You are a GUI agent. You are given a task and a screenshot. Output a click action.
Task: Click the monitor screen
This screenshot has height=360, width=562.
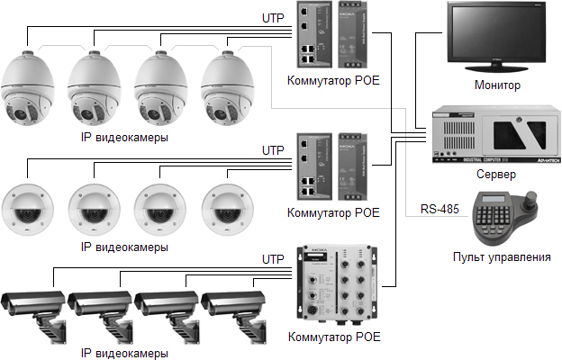point(497,36)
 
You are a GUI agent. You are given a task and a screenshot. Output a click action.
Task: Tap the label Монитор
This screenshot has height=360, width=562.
point(497,85)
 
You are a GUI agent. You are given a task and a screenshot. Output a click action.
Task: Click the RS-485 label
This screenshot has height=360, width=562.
point(440,211)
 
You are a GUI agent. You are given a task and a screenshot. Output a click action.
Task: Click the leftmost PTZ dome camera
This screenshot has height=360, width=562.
point(29,90)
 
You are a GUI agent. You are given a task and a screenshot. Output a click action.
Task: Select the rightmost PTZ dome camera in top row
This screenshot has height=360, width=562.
point(225,90)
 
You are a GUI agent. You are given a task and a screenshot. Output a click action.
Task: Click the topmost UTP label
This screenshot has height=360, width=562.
point(272,17)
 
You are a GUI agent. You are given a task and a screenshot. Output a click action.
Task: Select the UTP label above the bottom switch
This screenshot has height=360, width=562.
point(272,259)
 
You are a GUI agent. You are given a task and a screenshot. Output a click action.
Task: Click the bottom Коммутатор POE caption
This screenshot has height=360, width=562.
point(333,337)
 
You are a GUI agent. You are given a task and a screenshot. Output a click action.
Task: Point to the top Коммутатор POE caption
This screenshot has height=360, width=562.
point(333,80)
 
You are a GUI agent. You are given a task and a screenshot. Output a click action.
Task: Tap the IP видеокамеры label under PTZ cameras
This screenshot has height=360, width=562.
point(124,138)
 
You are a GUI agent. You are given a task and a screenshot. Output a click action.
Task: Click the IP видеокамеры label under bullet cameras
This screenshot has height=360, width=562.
point(124,351)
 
